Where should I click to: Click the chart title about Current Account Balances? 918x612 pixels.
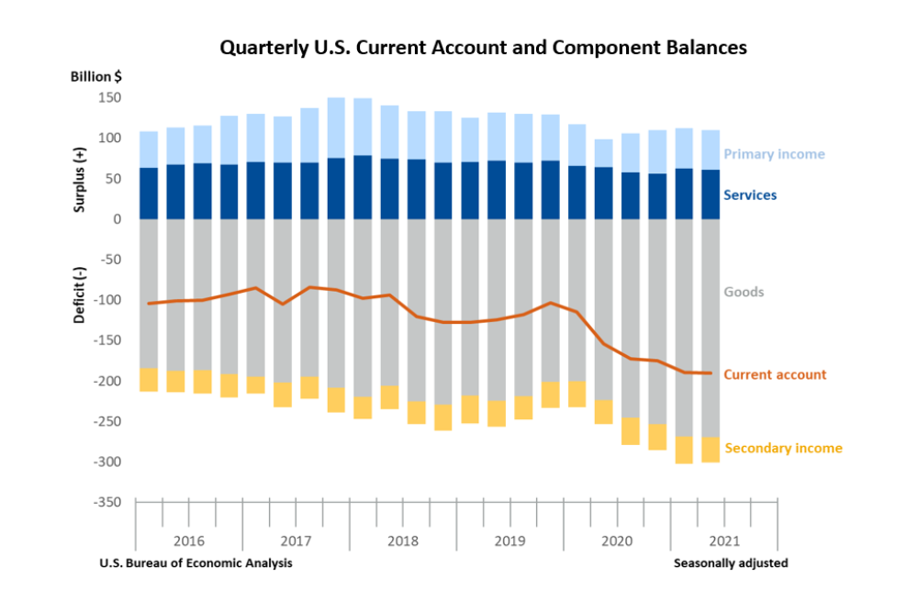(x=483, y=48)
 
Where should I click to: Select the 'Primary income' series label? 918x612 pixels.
(x=774, y=154)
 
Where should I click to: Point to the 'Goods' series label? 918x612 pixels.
(x=744, y=292)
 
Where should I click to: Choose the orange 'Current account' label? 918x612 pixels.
(x=775, y=374)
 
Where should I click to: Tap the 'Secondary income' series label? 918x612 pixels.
(x=783, y=448)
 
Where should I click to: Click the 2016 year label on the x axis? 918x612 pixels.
(x=188, y=540)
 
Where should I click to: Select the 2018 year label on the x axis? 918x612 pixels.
(x=402, y=540)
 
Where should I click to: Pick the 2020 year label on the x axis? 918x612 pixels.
(x=617, y=540)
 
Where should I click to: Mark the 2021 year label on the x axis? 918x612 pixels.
(x=723, y=540)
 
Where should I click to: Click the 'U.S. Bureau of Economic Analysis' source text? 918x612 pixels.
(x=196, y=563)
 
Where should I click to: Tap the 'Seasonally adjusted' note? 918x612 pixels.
(x=731, y=563)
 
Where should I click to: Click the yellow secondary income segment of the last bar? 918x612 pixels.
(x=711, y=449)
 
